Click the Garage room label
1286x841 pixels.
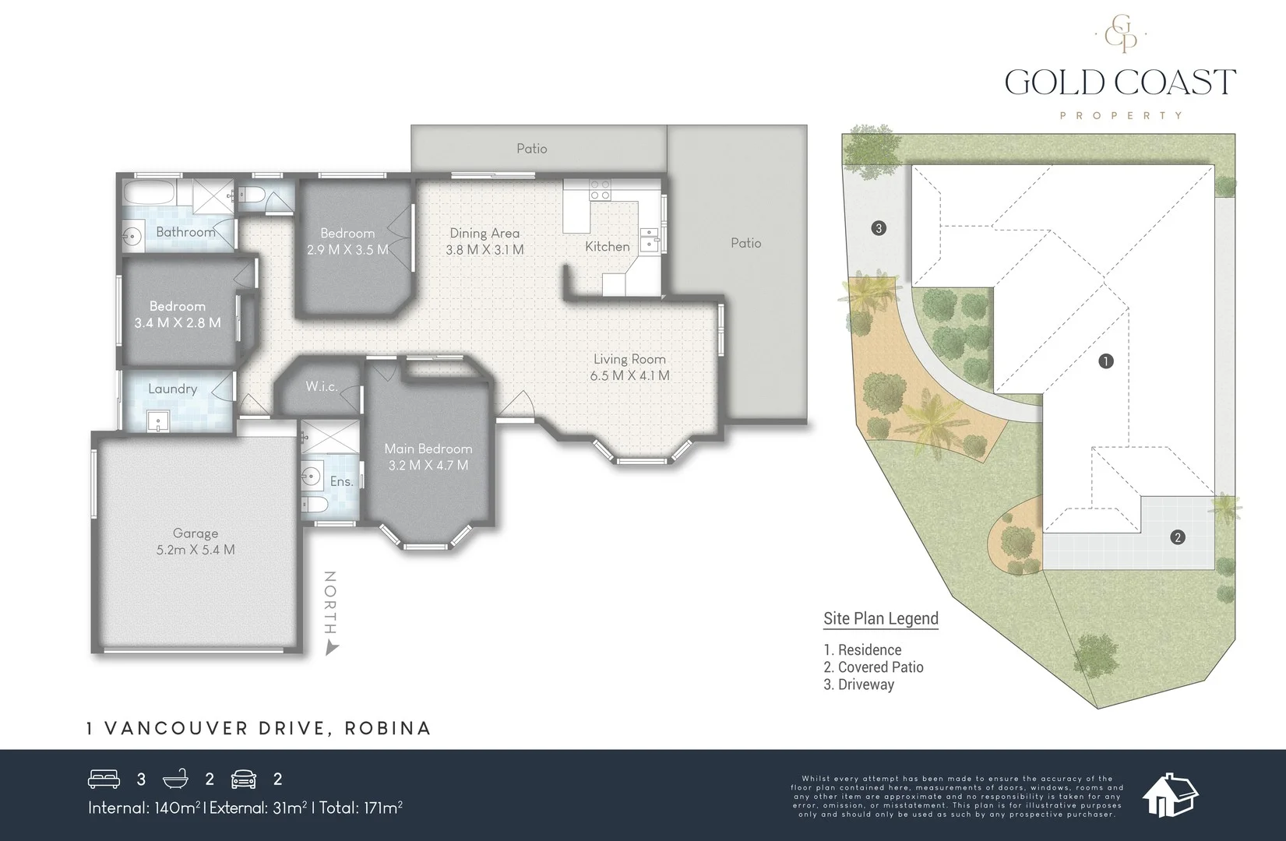(x=196, y=533)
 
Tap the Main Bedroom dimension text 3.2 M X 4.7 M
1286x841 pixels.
(x=428, y=466)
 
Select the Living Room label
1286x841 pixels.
(x=629, y=359)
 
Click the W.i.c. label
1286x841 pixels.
(x=321, y=386)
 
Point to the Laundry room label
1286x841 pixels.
(x=172, y=389)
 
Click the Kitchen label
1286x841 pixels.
(x=607, y=246)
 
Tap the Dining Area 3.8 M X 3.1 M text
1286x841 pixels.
(x=484, y=250)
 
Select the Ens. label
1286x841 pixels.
(x=341, y=481)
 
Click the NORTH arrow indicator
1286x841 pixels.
(x=332, y=647)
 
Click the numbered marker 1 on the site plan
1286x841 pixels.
(x=1105, y=361)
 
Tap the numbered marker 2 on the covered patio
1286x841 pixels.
(x=1177, y=537)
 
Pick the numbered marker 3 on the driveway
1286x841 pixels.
(x=879, y=228)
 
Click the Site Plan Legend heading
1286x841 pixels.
(x=880, y=618)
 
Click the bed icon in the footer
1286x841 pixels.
(x=104, y=779)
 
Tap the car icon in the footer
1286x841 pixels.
(x=245, y=779)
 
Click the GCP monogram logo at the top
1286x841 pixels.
(x=1120, y=34)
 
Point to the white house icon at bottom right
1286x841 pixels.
(x=1170, y=795)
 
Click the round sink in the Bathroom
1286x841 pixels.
(x=131, y=235)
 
